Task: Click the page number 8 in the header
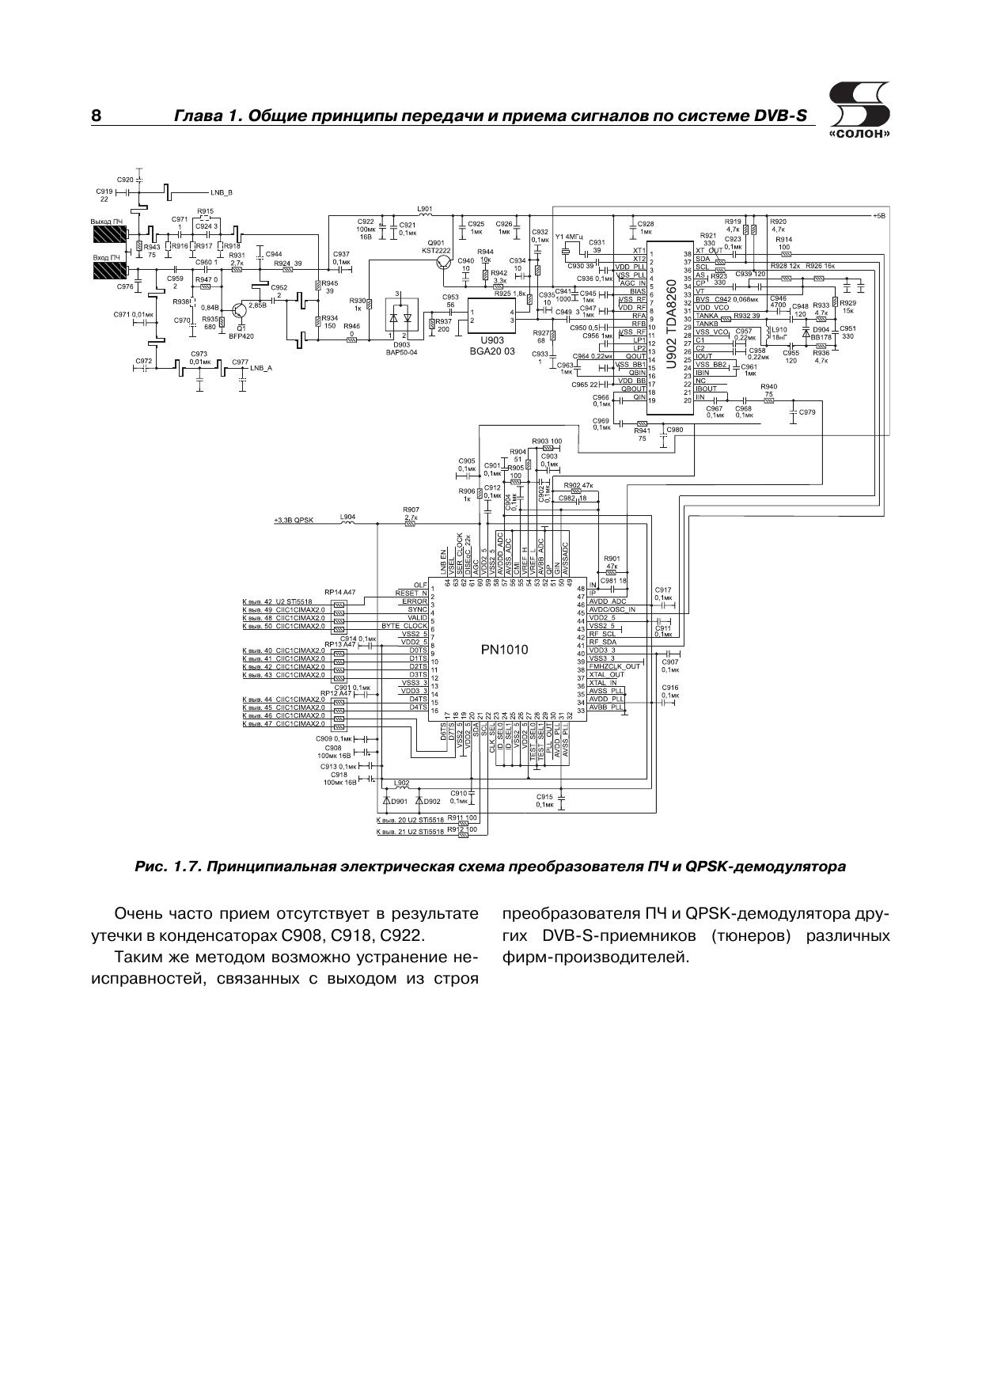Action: (96, 116)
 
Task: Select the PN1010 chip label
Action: (504, 650)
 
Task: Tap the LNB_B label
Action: (222, 192)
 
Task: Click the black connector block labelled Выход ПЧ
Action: (109, 235)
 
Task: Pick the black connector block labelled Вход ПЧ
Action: (109, 271)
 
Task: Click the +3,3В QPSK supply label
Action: (294, 520)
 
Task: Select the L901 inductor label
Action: (424, 207)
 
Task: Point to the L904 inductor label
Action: (347, 517)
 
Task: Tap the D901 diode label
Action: (399, 801)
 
